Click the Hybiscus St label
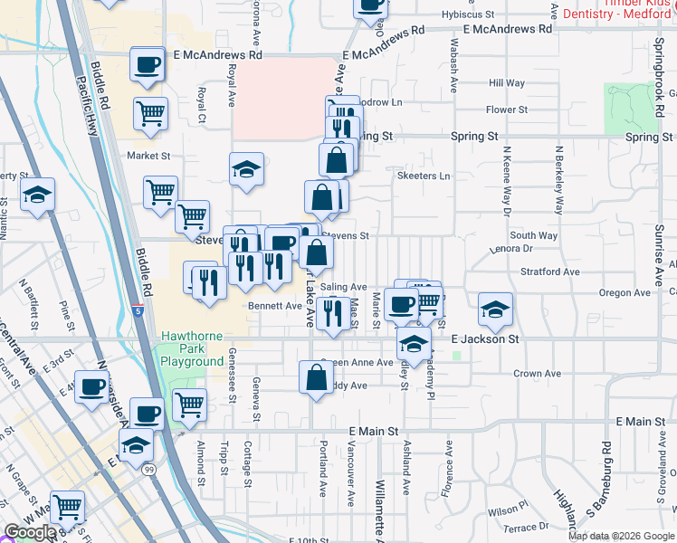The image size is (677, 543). pyautogui.click(x=468, y=15)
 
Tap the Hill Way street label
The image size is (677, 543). pyautogui.click(x=507, y=83)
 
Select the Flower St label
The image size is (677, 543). pyautogui.click(x=506, y=110)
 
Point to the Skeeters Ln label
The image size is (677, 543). pyautogui.click(x=423, y=176)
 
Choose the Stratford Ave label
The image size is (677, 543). pyautogui.click(x=549, y=271)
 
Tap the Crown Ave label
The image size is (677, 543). pyautogui.click(x=538, y=374)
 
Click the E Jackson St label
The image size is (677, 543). pyautogui.click(x=485, y=338)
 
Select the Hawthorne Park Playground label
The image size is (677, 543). pyautogui.click(x=193, y=349)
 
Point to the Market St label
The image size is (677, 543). pyautogui.click(x=148, y=156)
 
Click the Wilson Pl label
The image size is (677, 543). pyautogui.click(x=508, y=511)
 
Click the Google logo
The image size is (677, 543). pyautogui.click(x=30, y=532)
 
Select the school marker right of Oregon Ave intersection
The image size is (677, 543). pyautogui.click(x=495, y=310)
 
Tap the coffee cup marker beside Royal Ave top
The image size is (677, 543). pyautogui.click(x=148, y=65)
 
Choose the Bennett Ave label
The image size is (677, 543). pyautogui.click(x=274, y=306)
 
